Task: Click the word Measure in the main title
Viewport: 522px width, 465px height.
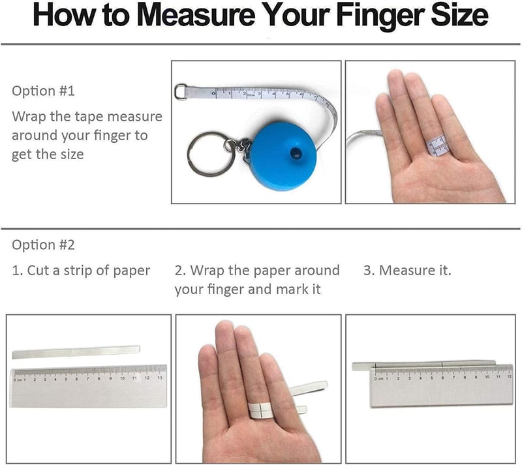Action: pos(196,15)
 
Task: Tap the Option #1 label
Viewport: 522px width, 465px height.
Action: pos(43,91)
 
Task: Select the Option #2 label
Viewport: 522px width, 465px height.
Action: pos(43,245)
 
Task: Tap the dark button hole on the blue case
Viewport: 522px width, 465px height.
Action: pos(296,153)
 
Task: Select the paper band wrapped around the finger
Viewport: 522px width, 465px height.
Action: pos(262,410)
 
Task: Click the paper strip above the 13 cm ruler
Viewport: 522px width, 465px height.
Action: pos(76,352)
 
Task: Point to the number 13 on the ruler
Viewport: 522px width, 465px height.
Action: pos(159,378)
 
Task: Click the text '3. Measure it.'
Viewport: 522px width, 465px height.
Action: pos(407,270)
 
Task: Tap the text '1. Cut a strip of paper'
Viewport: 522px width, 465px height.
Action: pos(81,271)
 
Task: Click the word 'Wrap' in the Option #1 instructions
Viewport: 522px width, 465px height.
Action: pos(29,117)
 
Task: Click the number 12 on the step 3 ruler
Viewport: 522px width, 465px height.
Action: pos(509,376)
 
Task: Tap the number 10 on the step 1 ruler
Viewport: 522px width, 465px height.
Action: pos(122,378)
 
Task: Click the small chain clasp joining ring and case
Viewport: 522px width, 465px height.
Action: pos(240,147)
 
